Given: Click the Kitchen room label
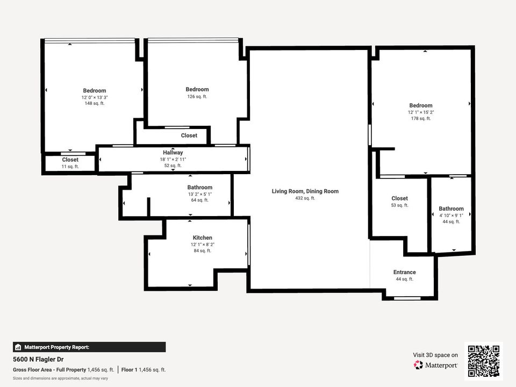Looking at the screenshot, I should [x=202, y=238].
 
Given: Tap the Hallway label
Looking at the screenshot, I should [x=173, y=153].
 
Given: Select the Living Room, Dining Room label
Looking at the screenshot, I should [x=305, y=191].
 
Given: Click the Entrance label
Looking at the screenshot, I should [x=404, y=272].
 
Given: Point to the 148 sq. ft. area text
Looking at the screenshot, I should [x=94, y=103].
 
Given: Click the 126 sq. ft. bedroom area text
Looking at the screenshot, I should [x=197, y=97].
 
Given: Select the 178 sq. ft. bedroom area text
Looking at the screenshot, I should [x=420, y=118].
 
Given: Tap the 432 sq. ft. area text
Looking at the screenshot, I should [x=305, y=198].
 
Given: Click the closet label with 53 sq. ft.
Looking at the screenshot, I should [x=399, y=198].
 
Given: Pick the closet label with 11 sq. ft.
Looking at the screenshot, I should [x=70, y=160].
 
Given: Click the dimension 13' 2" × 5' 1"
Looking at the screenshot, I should [x=199, y=194].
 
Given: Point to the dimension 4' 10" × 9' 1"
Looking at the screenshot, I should [x=451, y=215].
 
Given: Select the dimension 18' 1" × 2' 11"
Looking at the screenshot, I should [x=173, y=160].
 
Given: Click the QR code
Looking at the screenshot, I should [x=484, y=361].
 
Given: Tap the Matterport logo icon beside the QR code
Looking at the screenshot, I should [x=418, y=365].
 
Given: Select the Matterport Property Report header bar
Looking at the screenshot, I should [x=89, y=347].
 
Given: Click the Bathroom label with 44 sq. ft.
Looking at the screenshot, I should [x=451, y=209].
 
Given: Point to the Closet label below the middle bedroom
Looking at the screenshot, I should [x=189, y=135].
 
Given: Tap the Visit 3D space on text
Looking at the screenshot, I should [x=435, y=355].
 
